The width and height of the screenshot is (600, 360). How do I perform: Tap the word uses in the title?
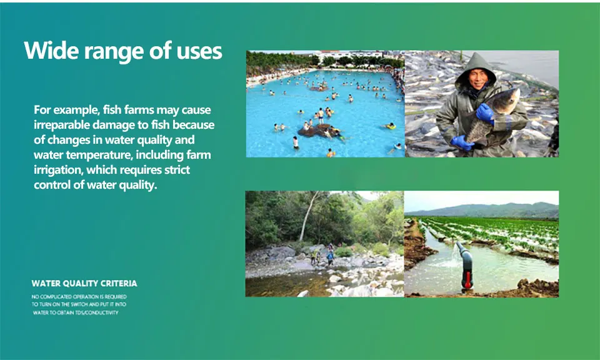[199, 52]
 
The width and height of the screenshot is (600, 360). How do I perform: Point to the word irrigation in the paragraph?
[57, 171]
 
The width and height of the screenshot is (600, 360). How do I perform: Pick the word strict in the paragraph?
[177, 170]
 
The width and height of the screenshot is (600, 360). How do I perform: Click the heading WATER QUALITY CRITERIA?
[84, 284]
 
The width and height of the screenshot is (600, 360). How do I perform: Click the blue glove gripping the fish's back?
[485, 113]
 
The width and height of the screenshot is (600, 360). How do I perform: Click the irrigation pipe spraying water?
[465, 265]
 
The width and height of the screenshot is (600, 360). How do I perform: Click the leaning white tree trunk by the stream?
[308, 216]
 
